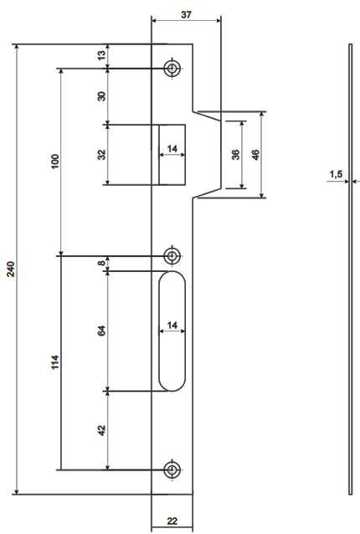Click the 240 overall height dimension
coord(11,269)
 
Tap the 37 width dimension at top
coord(187,15)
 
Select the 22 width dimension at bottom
coord(172,521)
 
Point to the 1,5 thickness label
coord(336,174)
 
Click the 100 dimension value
coord(54,162)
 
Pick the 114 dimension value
coord(55,362)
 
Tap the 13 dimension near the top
coord(101,55)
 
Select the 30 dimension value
coord(101,96)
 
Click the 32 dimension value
coord(101,155)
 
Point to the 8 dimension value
coord(101,263)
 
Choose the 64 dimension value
coord(101,331)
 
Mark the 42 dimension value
coord(101,430)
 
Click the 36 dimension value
coord(235,155)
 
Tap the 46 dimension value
coord(255,155)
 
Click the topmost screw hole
coord(172,69)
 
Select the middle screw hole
coord(172,256)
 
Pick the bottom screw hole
coord(172,470)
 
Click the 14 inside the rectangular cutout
coord(172,149)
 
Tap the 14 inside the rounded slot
coord(172,326)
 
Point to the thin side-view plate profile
coord(351,269)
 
